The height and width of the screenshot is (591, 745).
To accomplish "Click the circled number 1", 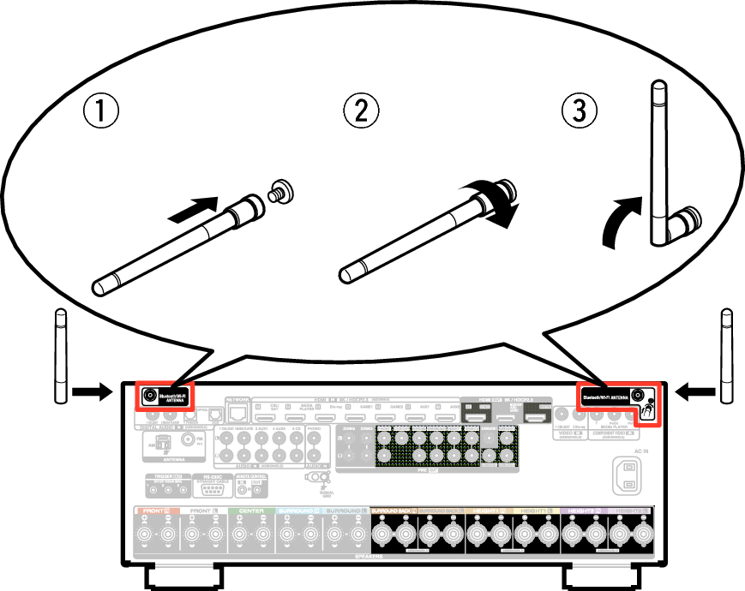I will click(x=99, y=110).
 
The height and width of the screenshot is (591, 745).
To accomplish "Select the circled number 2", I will click(x=361, y=110).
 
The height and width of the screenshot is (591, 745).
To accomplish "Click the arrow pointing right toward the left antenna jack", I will click(x=92, y=392).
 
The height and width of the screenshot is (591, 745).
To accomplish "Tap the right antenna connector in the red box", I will click(x=636, y=396).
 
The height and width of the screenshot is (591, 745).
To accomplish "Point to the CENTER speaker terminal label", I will click(x=252, y=510).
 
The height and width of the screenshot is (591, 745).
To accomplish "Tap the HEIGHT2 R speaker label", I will click(x=586, y=510).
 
